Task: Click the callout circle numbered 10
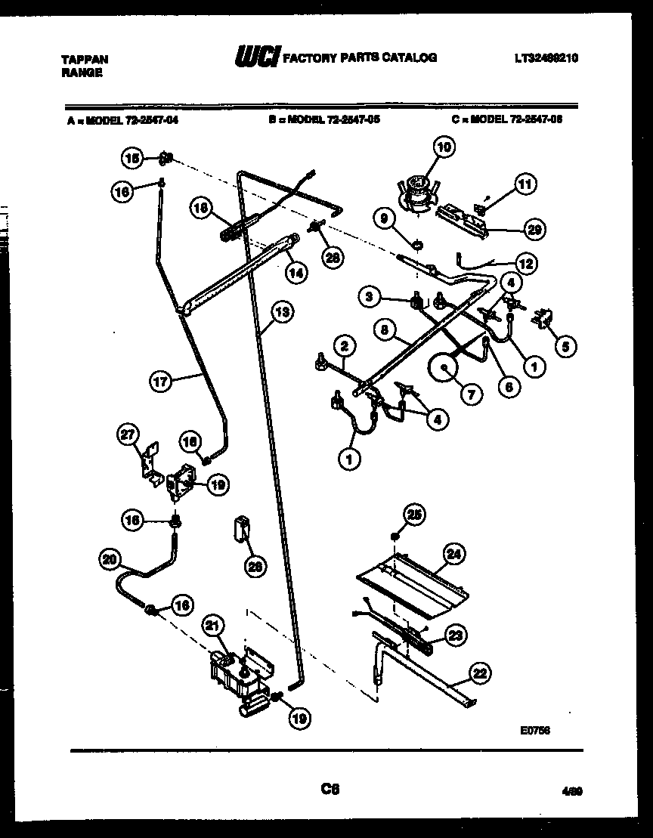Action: [443, 147]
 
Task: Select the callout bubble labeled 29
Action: [537, 230]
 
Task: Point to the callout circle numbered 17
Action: [161, 382]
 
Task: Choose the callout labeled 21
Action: [214, 626]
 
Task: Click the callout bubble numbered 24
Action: [453, 555]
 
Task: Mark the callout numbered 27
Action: [129, 434]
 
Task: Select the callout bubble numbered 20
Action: [110, 559]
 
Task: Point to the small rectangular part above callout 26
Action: [242, 527]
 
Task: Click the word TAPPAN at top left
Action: [84, 60]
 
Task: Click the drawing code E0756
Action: [535, 731]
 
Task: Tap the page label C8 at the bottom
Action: [330, 789]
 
